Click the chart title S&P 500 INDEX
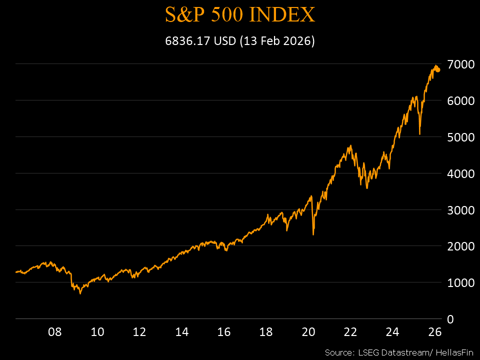[240, 15]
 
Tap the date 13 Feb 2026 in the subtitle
[277, 41]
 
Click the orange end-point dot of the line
[438, 70]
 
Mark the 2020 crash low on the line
[313, 234]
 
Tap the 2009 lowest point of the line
[80, 293]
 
